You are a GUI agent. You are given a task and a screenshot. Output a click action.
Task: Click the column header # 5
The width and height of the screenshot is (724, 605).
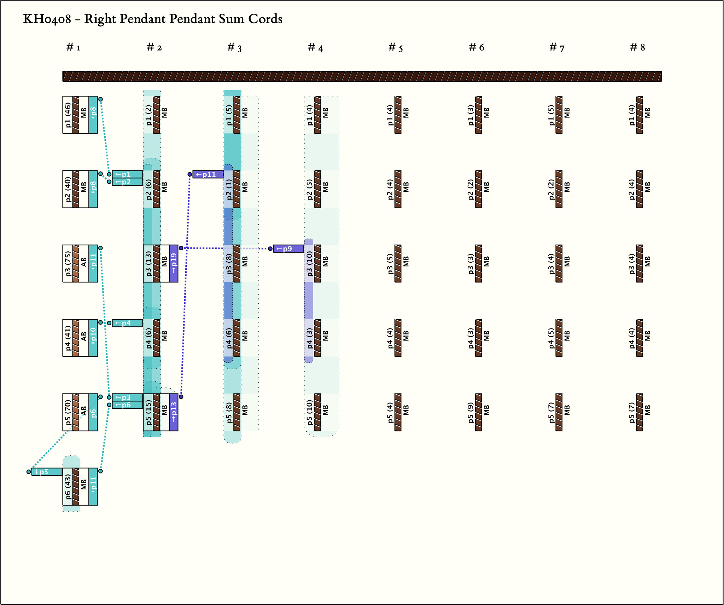395,47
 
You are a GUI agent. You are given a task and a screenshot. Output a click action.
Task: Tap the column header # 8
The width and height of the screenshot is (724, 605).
637,47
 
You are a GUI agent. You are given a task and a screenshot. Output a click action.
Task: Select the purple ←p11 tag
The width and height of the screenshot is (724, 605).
208,174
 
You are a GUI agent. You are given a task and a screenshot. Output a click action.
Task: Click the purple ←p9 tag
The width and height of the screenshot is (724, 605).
288,249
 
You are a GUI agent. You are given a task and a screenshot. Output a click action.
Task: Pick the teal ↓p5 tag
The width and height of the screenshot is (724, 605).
47,472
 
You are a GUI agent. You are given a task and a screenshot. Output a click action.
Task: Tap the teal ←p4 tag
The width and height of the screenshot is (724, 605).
127,323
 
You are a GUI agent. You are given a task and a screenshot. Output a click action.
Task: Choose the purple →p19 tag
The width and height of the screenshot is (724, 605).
174,263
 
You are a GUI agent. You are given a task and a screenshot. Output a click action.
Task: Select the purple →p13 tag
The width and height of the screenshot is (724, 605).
174,412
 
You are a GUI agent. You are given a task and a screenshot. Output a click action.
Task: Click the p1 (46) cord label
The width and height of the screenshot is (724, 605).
68,115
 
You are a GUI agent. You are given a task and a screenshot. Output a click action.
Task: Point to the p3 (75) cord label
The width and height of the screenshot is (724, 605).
68,263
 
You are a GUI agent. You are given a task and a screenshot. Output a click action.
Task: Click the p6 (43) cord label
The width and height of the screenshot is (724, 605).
68,487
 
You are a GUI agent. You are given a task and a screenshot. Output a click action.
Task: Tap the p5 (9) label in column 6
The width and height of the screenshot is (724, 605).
471,412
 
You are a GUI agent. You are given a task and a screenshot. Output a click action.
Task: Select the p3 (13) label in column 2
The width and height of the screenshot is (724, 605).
148,263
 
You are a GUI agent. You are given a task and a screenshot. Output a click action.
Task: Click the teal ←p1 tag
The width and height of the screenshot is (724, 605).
127,174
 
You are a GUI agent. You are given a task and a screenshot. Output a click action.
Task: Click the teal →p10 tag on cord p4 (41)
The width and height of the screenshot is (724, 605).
93,338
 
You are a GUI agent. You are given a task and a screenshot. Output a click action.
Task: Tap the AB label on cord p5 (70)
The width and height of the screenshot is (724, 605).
84,412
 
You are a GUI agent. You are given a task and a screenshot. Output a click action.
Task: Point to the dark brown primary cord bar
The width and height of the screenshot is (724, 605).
362,76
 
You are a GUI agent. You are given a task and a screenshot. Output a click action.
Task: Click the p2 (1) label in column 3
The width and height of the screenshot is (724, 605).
229,189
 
